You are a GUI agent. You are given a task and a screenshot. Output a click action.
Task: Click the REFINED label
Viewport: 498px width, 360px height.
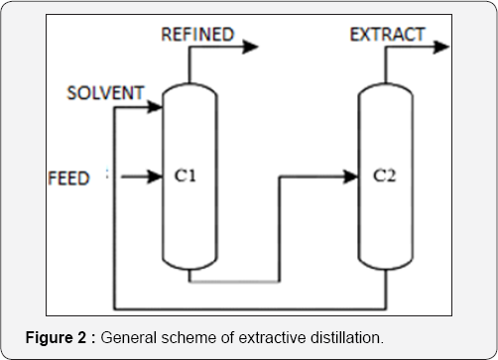point(198,35)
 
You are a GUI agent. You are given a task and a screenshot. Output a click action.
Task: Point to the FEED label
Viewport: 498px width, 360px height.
point(68,179)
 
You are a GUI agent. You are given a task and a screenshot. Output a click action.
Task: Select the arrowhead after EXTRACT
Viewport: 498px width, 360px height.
point(443,46)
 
